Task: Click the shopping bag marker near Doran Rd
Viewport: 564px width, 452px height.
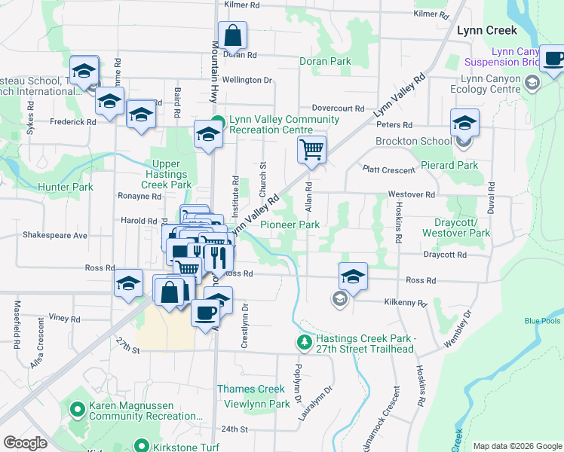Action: (232, 35)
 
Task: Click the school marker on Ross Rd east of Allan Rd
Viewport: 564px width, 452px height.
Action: (353, 277)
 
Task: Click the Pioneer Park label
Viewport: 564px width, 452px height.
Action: (290, 224)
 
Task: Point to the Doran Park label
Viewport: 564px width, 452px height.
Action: (325, 61)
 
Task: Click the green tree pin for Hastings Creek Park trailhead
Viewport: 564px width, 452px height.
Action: (304, 343)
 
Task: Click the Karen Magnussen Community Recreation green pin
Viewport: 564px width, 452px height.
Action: (77, 411)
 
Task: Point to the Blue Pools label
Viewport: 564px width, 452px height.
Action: (543, 321)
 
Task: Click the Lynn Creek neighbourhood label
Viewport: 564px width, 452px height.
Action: (487, 31)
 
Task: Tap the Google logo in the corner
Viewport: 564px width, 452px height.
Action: (26, 443)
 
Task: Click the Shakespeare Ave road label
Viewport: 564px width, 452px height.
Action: (55, 235)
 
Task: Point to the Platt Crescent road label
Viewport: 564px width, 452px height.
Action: (388, 170)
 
